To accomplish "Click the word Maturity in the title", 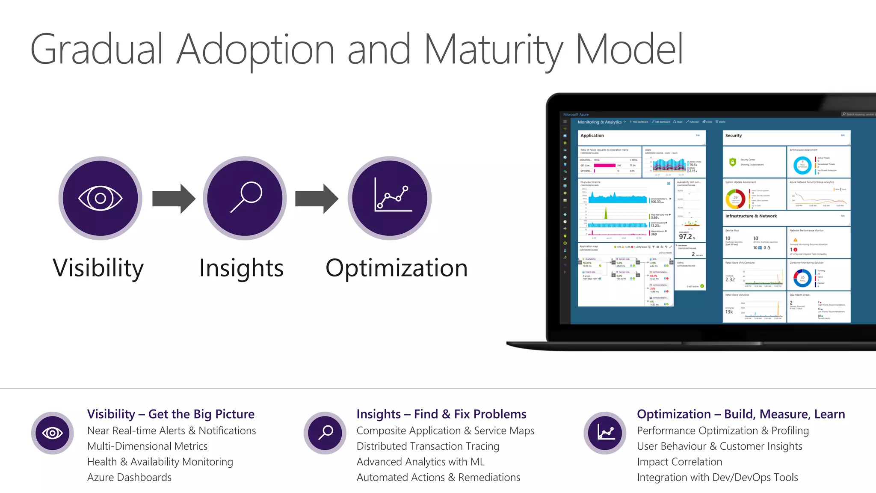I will (x=494, y=50).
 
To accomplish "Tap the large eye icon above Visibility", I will (x=101, y=198).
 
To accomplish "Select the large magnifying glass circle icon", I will (x=245, y=198).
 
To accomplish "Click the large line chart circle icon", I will (x=390, y=198).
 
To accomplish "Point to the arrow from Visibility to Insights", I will (x=173, y=199).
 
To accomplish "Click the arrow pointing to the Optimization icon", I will (x=317, y=199).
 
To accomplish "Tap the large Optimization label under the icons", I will (x=397, y=268).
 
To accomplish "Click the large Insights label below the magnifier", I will (x=241, y=268).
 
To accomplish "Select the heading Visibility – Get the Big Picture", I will (x=171, y=414).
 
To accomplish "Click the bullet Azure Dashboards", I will (x=129, y=477).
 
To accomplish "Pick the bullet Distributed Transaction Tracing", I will (x=428, y=446).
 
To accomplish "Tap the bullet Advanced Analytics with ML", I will (x=420, y=462).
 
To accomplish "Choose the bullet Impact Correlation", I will (x=679, y=462).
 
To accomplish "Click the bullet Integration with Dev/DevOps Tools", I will (x=717, y=477).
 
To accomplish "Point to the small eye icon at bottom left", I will (x=53, y=433).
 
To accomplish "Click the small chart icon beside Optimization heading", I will (x=605, y=433).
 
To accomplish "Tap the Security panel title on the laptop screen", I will (x=733, y=136).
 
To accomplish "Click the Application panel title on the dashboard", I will (x=592, y=136).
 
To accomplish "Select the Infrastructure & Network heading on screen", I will (x=751, y=216).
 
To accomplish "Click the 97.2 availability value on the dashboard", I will (x=686, y=237).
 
